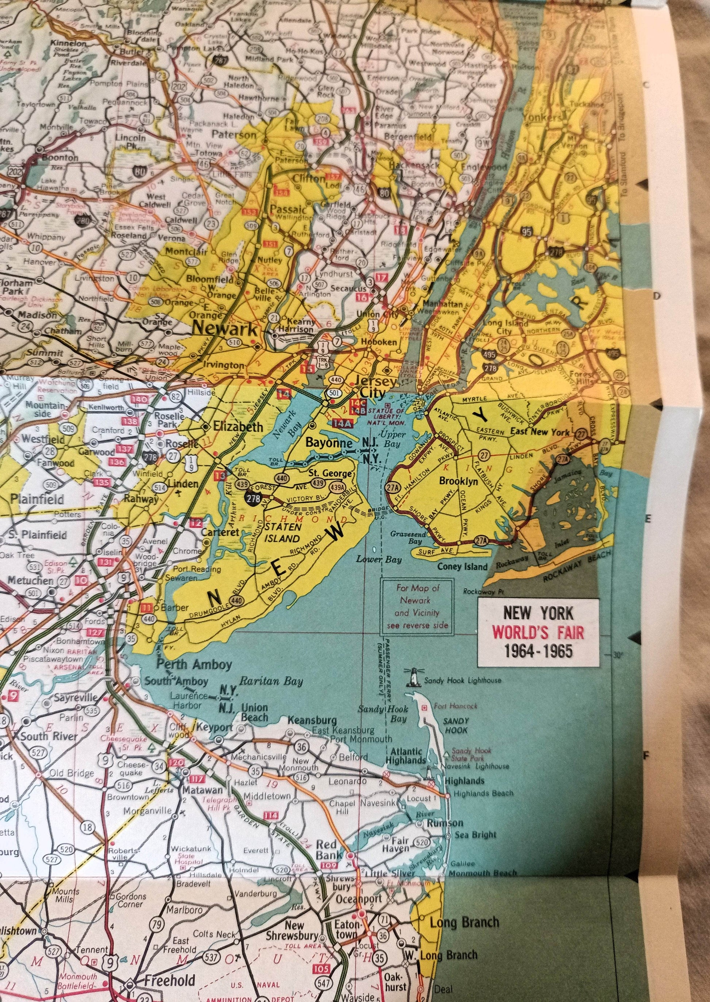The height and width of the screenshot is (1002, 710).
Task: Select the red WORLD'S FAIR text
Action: (x=538, y=632)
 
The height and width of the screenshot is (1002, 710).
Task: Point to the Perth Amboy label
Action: (x=194, y=664)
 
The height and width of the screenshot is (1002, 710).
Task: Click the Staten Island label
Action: (x=282, y=533)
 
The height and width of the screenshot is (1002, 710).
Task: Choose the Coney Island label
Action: (x=462, y=567)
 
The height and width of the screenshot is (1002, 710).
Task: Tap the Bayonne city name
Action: (x=329, y=443)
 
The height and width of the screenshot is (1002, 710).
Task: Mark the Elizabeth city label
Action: (x=238, y=426)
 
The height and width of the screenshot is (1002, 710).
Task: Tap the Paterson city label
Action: (x=235, y=135)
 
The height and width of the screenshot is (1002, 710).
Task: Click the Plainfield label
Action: (x=37, y=499)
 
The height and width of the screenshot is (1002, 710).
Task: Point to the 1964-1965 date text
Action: (x=538, y=651)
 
